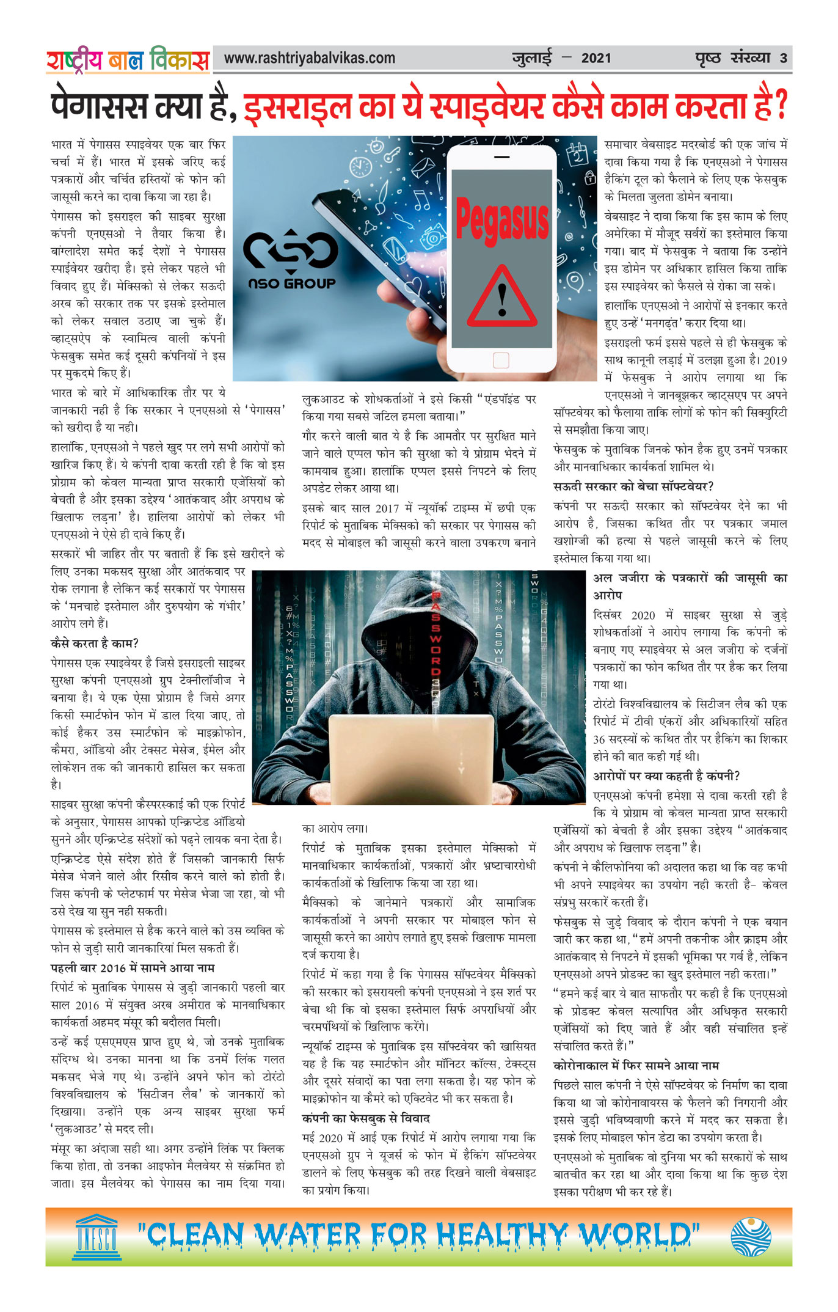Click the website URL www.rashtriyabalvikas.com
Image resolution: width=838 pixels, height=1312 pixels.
309,59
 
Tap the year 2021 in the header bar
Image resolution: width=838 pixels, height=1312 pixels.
596,59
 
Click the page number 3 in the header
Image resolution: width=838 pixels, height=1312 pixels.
783,59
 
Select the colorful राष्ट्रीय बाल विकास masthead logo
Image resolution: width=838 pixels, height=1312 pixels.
128,60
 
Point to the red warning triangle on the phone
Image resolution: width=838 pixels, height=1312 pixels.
501,298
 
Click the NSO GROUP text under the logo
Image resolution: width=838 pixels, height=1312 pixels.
292,284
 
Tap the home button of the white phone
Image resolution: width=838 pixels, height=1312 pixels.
501,360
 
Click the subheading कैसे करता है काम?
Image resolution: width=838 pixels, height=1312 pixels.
95,643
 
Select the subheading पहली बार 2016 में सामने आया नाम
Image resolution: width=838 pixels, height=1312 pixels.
133,968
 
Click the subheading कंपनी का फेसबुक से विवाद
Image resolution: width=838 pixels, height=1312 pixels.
366,1118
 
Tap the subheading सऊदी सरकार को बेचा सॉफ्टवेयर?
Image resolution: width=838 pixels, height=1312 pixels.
633,486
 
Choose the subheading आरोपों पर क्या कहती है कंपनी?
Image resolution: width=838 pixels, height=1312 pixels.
666,776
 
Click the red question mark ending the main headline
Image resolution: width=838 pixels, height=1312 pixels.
780,105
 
